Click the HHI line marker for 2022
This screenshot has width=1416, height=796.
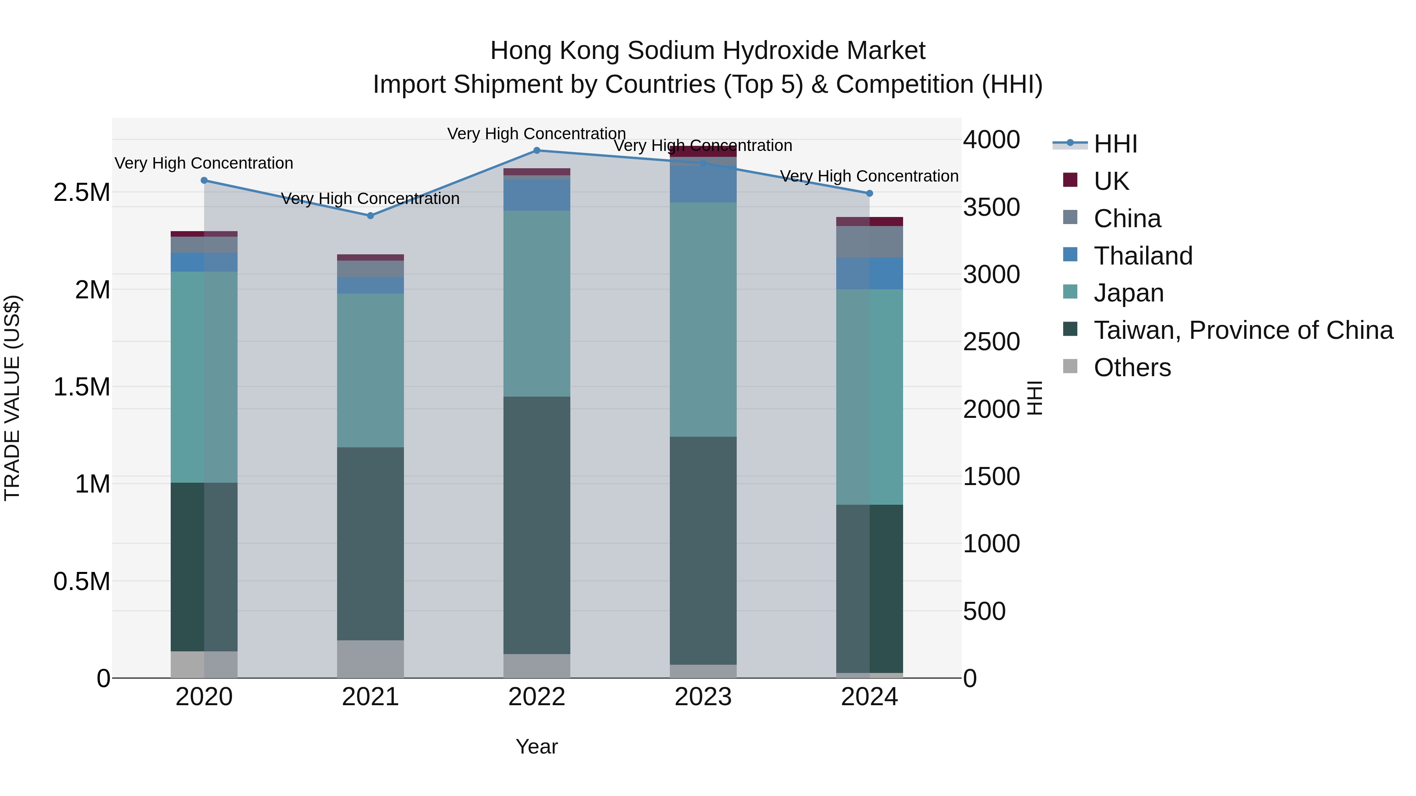click(537, 151)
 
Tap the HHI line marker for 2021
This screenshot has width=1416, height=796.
click(371, 216)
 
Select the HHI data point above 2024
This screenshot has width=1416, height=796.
click(870, 193)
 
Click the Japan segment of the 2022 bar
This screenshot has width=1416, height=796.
click(537, 303)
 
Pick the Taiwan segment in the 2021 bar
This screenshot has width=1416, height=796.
click(371, 544)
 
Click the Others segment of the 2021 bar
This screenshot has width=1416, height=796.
click(371, 659)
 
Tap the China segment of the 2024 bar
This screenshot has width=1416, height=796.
click(870, 242)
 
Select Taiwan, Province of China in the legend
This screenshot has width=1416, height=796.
click(1242, 330)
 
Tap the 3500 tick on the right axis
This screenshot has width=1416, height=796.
click(992, 208)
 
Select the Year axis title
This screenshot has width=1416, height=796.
click(537, 746)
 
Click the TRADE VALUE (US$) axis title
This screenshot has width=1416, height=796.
click(12, 398)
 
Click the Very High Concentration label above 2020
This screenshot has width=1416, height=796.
click(204, 163)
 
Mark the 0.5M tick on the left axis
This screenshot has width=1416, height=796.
click(82, 582)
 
